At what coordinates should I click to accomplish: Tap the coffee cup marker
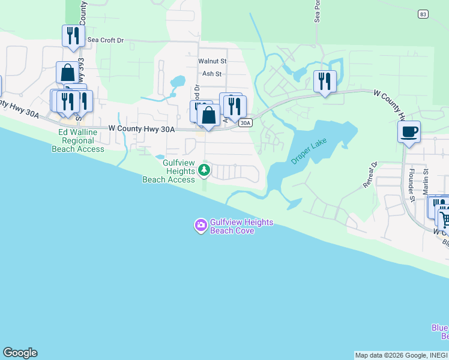[x=409, y=132]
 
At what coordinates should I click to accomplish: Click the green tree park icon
[x=204, y=170]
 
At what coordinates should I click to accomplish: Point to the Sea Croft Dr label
[x=105, y=40]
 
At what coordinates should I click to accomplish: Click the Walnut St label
[x=212, y=61]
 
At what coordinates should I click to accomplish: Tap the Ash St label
[x=212, y=74]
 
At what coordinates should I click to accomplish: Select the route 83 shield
[x=424, y=14]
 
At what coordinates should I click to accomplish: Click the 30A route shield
[x=244, y=123]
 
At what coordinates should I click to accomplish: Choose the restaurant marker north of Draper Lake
[x=325, y=80]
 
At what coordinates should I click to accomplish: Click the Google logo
[x=20, y=353]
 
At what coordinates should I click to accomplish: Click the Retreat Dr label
[x=369, y=175]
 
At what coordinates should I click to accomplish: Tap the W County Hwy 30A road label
[x=142, y=128]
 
